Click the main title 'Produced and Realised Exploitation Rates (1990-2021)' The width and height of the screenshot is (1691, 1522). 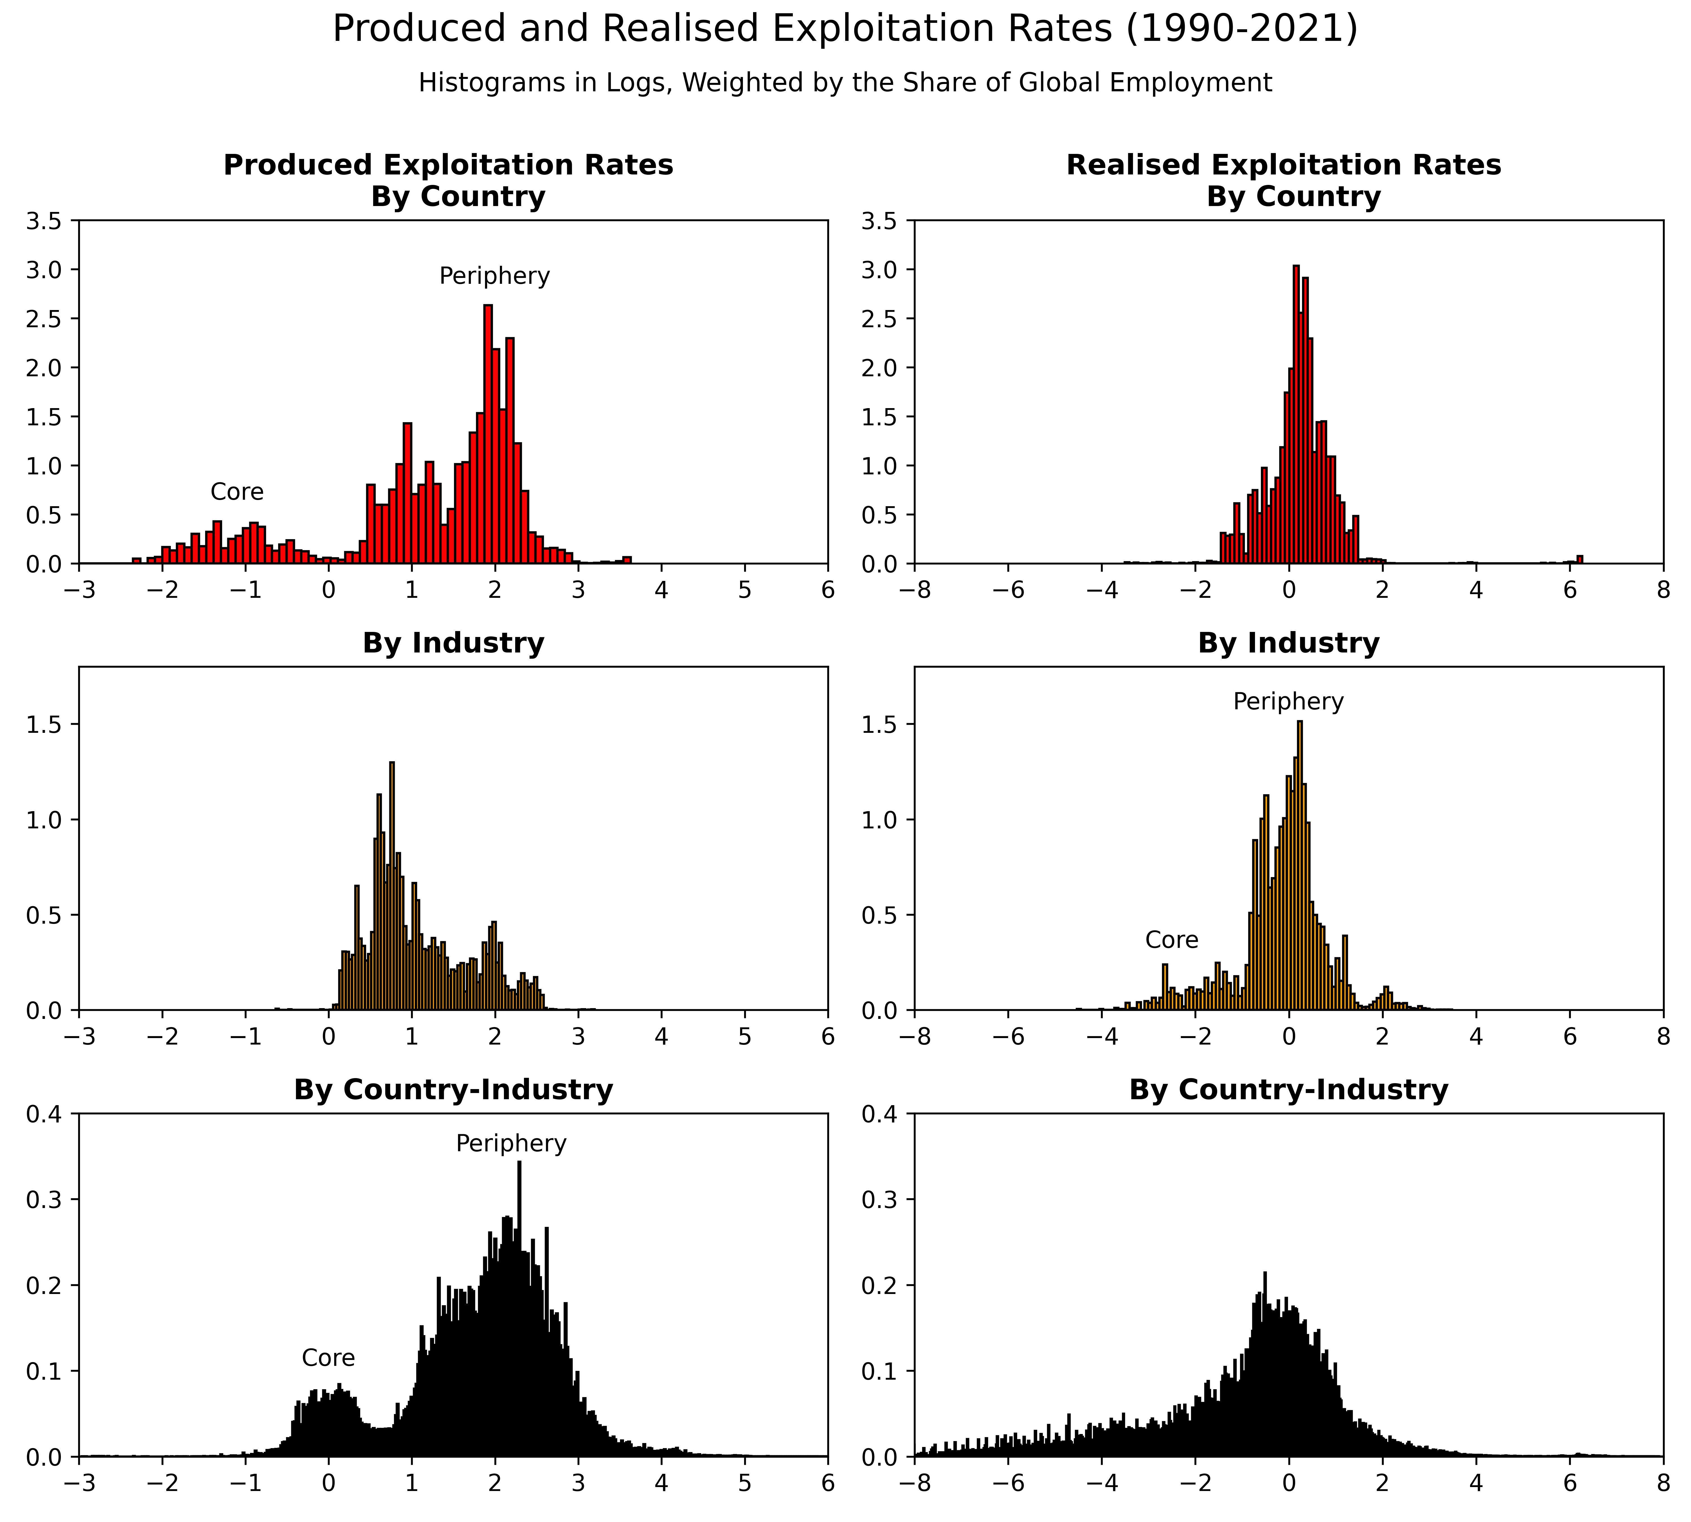point(845,29)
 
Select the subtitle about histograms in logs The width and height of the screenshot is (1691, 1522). point(845,83)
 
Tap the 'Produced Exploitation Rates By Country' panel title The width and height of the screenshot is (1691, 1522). point(448,180)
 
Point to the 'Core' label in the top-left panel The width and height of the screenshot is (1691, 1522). point(237,492)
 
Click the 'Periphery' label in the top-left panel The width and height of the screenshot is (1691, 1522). point(494,276)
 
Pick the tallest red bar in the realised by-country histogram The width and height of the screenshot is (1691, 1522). point(1295,418)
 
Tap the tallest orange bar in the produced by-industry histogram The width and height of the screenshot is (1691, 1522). point(391,886)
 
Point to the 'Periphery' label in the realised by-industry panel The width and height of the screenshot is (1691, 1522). point(1288,702)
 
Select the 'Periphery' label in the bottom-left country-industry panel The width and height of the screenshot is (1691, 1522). point(511,1143)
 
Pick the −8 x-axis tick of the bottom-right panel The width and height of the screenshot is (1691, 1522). point(914,1483)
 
